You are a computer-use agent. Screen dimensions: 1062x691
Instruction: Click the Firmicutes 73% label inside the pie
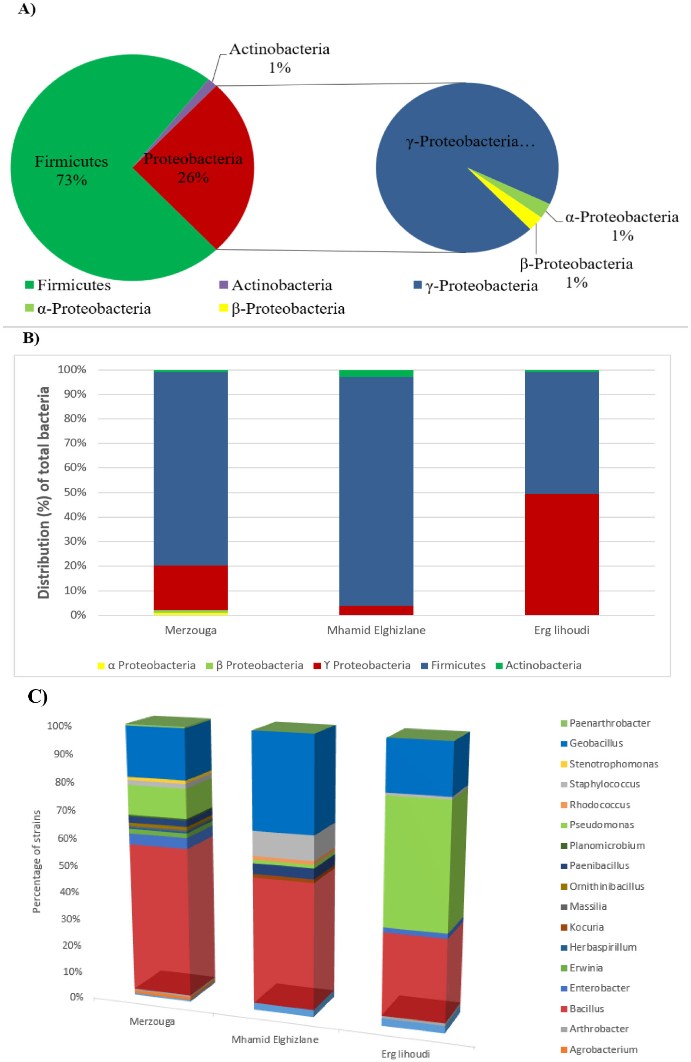[71, 171]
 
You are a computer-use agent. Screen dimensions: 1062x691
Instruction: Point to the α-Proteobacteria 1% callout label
[621, 226]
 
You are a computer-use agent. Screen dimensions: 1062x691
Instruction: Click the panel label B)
[31, 338]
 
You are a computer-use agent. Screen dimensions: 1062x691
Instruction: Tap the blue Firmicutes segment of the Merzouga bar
[191, 468]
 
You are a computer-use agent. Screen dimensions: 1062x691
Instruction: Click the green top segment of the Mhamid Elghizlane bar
[376, 373]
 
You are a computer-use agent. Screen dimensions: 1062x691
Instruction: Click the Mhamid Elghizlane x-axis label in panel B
[376, 630]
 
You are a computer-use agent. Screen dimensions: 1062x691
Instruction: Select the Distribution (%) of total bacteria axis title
[44, 492]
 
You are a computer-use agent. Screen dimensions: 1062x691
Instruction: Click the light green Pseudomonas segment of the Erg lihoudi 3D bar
[417, 864]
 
